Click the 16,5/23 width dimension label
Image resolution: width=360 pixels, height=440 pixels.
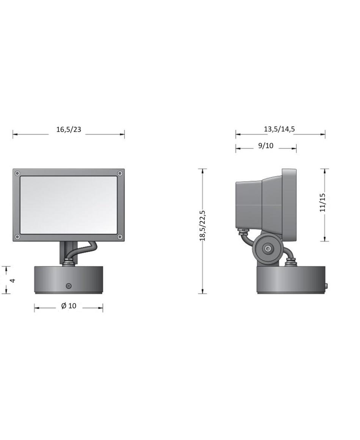(69, 129)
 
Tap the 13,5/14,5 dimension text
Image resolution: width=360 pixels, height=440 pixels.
(279, 129)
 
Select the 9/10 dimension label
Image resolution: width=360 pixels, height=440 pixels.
(266, 146)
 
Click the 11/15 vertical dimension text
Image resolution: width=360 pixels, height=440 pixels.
(322, 202)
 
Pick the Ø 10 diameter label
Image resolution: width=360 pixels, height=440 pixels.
(69, 306)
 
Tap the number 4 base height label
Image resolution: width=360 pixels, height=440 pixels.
(12, 280)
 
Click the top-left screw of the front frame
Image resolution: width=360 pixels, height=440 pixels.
(17, 173)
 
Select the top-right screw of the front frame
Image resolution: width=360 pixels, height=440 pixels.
(120, 173)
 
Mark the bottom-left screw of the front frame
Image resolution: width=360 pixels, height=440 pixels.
(17, 237)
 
